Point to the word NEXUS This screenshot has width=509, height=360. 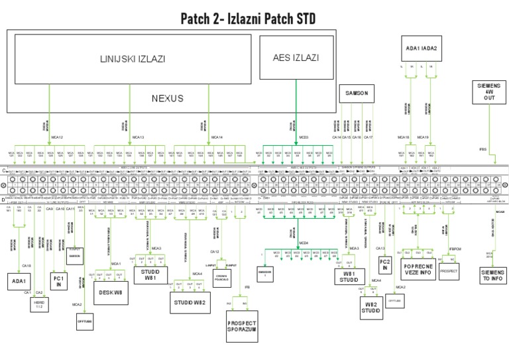(167, 98)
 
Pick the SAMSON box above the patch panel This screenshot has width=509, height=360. (356, 93)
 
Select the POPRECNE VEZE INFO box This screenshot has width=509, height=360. (417, 270)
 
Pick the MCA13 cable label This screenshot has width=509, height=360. (138, 138)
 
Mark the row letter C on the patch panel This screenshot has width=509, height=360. (4, 171)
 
